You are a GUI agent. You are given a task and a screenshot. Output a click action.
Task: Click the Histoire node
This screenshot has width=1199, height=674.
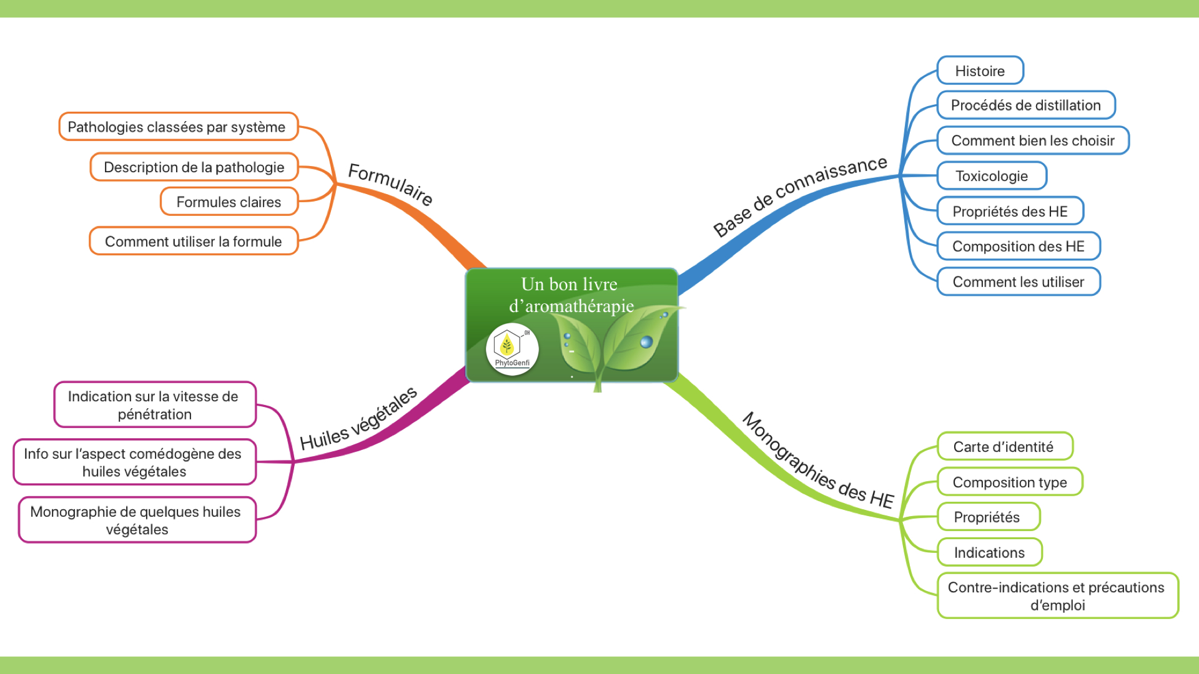coord(980,71)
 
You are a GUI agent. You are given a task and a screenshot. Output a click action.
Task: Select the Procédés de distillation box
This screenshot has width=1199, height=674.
coord(1025,105)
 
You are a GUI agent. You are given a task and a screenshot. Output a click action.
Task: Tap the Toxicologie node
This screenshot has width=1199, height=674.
coord(991,176)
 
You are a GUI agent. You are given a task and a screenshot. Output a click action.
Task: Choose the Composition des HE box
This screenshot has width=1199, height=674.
coord(1018,247)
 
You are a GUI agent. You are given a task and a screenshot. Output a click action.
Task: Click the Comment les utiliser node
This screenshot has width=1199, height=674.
coord(1018,282)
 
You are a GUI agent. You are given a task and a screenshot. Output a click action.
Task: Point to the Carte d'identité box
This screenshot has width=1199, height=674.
coord(1004,447)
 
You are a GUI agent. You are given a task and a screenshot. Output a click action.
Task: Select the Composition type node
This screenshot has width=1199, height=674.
coord(1009,482)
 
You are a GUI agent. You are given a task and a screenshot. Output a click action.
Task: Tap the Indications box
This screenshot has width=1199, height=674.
coord(989,552)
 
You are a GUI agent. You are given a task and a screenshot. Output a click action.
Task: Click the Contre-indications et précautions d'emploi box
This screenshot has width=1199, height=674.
coord(1057,596)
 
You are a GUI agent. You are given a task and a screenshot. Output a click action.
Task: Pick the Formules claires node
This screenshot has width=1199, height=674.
coord(229,202)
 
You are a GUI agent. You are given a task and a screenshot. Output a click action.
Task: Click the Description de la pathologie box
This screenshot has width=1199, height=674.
coord(194,167)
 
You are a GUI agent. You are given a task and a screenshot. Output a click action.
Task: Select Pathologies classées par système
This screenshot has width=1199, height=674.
coord(177,127)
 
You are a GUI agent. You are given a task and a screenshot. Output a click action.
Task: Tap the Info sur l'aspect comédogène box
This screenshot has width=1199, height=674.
coord(134,462)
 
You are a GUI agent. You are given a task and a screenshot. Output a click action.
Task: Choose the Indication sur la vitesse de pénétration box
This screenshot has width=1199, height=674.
coord(154,405)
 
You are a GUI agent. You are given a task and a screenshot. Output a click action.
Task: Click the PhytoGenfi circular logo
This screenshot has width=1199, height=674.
coord(512,349)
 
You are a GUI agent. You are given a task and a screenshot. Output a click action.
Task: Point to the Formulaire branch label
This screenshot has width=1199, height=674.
coord(390,183)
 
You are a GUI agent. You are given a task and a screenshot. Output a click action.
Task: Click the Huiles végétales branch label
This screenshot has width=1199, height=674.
coord(358,418)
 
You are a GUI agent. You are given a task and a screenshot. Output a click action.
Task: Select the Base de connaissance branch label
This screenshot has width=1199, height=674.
coord(800,196)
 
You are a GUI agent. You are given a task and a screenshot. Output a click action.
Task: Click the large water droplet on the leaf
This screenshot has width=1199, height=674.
coord(646,341)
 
